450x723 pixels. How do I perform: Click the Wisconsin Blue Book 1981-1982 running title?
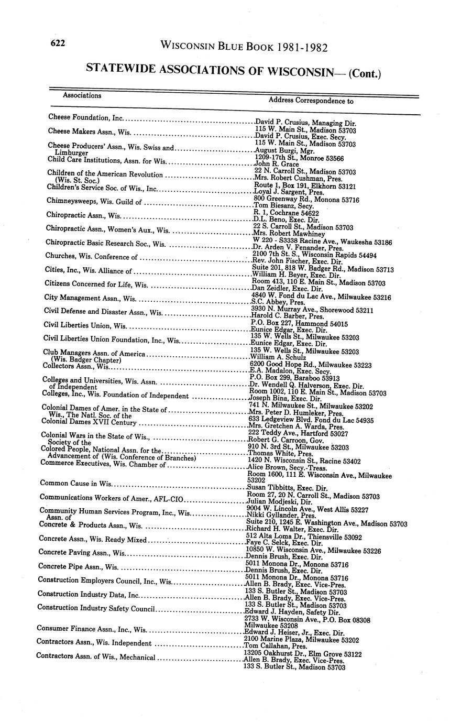pyautogui.click(x=244, y=47)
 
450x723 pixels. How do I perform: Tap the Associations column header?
pyautogui.click(x=82, y=95)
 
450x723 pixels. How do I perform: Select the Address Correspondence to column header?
pyautogui.click(x=311, y=100)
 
